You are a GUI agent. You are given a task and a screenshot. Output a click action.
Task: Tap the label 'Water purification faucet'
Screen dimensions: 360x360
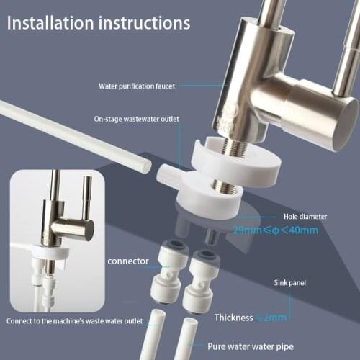[x=136, y=86]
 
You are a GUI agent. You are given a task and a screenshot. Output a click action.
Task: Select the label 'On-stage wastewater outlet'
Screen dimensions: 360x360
[x=136, y=120]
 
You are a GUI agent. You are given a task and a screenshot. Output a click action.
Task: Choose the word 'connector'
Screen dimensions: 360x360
[x=127, y=261]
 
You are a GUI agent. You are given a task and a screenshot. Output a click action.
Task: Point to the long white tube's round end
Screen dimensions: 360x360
[x=143, y=166]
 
